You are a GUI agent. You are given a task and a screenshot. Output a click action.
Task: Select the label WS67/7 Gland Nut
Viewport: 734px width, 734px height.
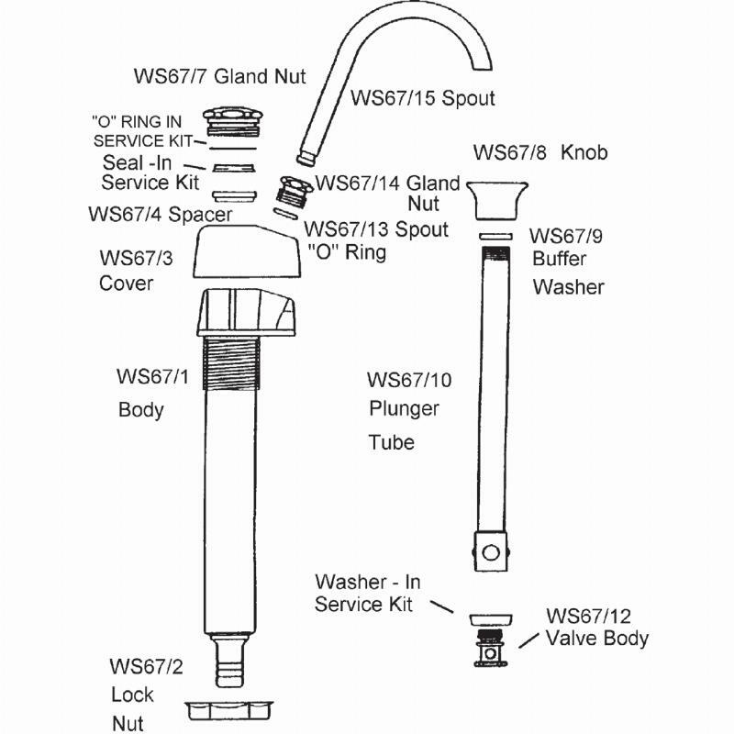click(x=219, y=75)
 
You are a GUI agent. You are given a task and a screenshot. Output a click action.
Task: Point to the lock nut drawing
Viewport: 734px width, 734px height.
click(x=229, y=710)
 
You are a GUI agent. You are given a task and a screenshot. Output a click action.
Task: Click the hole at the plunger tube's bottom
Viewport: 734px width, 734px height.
click(x=491, y=552)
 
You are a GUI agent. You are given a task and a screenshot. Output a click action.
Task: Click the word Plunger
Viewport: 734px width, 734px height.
click(x=404, y=408)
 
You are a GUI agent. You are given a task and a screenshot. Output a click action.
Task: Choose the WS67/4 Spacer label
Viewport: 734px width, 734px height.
click(x=160, y=214)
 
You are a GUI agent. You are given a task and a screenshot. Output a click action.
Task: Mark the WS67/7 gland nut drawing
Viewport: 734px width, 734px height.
click(x=232, y=120)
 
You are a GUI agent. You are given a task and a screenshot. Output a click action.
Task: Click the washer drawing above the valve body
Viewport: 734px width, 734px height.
click(x=490, y=620)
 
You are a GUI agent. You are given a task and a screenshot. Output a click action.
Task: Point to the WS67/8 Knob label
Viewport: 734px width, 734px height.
click(x=539, y=151)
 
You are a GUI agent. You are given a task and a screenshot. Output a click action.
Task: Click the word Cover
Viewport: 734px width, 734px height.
click(x=127, y=283)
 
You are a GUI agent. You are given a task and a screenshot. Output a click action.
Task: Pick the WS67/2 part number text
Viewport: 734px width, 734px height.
click(x=147, y=666)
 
